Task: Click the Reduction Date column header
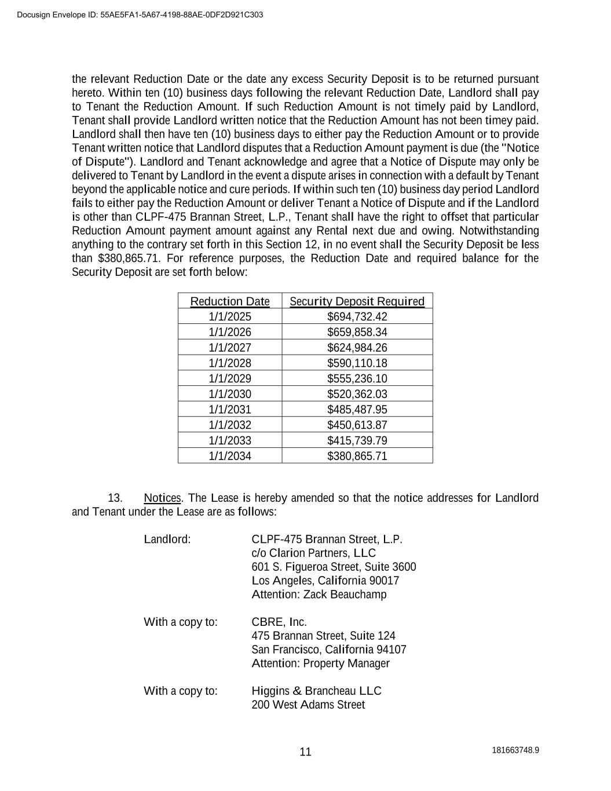[230, 301]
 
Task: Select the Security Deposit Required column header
[357, 301]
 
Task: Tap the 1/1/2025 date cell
[230, 316]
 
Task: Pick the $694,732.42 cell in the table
[357, 316]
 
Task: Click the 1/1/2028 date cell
[230, 363]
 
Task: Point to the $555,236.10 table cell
[357, 378]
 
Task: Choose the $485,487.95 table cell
[357, 409]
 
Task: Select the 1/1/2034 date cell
[230, 455]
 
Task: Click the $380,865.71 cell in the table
[357, 455]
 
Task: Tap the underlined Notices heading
[162, 498]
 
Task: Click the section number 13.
[115, 498]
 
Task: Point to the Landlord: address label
[167, 540]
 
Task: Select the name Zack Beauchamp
[345, 595]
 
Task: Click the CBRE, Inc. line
[279, 622]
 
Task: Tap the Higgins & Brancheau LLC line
[316, 691]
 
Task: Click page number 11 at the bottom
[305, 752]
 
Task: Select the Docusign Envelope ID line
[140, 14]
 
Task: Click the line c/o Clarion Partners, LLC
[313, 553]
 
